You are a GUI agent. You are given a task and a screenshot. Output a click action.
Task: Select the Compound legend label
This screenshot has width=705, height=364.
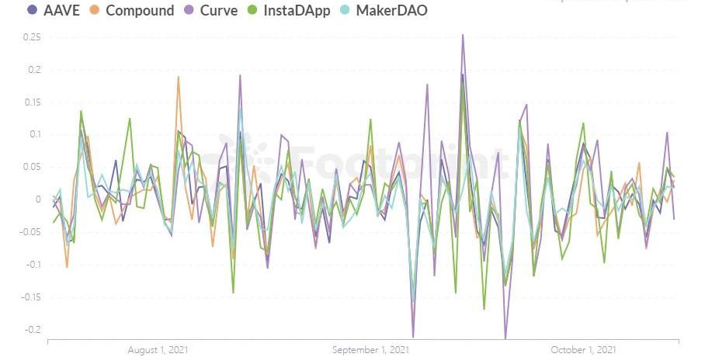click(x=140, y=11)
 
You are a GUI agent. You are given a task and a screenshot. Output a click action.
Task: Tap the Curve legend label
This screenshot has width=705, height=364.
click(x=220, y=11)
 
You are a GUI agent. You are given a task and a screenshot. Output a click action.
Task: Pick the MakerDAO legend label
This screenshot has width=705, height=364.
click(x=391, y=11)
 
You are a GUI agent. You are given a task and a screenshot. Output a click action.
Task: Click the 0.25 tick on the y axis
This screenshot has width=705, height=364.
click(x=31, y=37)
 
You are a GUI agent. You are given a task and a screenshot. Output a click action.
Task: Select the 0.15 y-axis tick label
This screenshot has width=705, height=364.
click(x=31, y=102)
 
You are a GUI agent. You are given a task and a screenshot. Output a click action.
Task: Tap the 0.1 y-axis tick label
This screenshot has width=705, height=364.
click(x=33, y=135)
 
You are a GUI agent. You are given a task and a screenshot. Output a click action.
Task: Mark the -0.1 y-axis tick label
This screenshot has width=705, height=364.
click(x=31, y=265)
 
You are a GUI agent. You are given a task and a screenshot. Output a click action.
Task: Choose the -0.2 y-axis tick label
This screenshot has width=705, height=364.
click(x=31, y=329)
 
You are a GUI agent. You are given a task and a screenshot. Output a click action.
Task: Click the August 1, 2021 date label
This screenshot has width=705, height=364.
click(x=158, y=351)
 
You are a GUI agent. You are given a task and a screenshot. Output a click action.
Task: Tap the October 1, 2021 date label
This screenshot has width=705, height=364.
click(x=584, y=351)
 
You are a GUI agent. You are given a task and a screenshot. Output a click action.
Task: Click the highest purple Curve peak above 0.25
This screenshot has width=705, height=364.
click(x=463, y=35)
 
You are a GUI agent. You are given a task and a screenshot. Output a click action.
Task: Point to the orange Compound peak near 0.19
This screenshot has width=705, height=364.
click(x=179, y=77)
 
